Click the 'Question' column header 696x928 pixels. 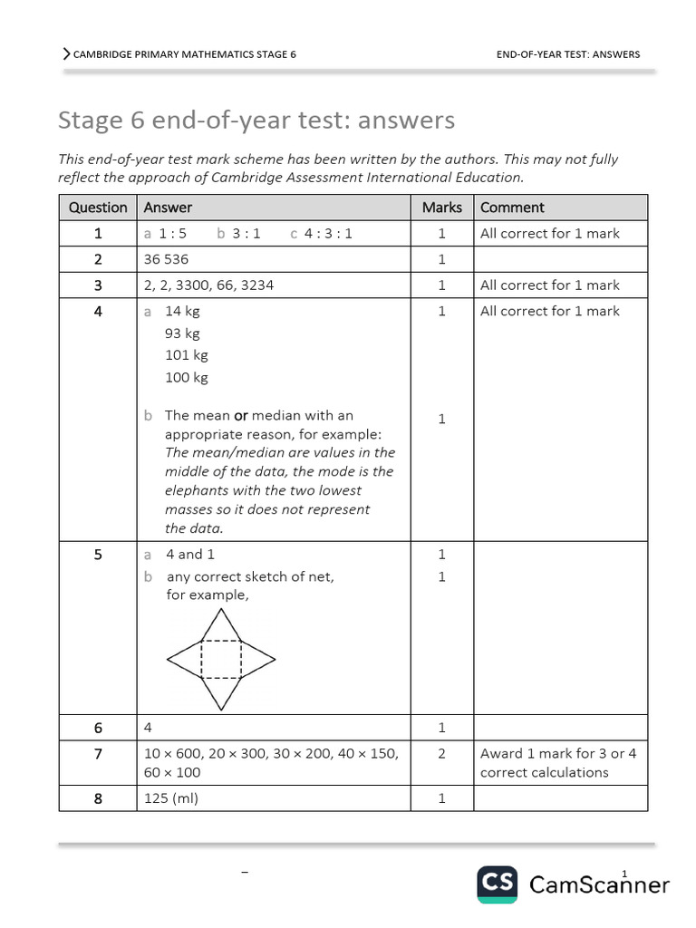click(x=98, y=208)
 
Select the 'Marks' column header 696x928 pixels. click(x=441, y=208)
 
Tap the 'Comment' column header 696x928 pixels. click(x=512, y=208)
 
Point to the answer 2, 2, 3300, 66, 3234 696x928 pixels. click(x=208, y=285)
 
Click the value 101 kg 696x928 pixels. click(x=186, y=355)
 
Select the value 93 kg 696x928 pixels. click(x=182, y=333)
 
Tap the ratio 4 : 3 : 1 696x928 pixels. click(x=327, y=233)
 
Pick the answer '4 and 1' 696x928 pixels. click(x=190, y=554)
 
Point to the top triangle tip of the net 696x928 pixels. click(x=221, y=610)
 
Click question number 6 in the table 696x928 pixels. click(x=98, y=728)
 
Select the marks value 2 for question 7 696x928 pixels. click(x=441, y=753)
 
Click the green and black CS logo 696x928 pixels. click(x=498, y=884)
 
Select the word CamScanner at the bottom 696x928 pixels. click(x=599, y=884)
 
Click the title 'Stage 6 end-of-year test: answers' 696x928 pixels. click(x=256, y=120)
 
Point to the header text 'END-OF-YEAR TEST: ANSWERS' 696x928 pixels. click(x=568, y=54)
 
